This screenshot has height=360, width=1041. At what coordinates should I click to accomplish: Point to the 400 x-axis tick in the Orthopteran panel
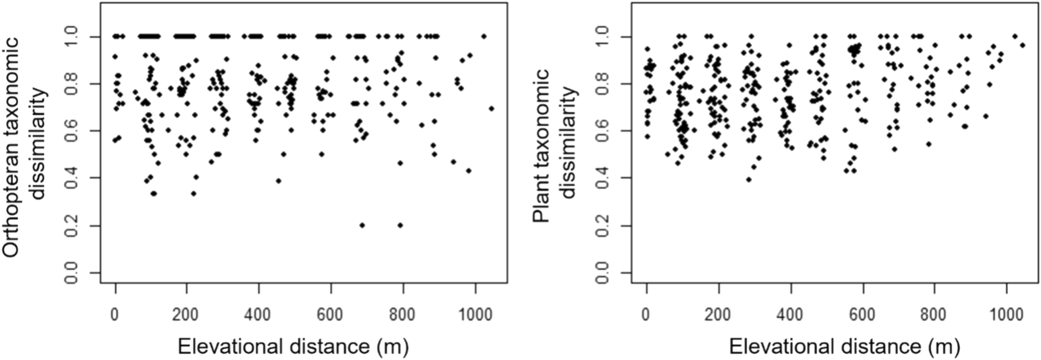(258, 315)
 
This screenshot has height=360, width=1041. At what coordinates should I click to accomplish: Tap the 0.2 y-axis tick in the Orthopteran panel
(71, 225)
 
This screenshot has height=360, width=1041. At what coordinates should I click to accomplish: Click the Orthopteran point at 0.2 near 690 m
(362, 225)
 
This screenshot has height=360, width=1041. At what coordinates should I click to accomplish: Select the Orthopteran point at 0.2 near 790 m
(401, 225)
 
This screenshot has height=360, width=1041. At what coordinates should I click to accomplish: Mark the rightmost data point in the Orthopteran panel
(492, 108)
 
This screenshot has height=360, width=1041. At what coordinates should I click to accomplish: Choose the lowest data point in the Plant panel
(748, 179)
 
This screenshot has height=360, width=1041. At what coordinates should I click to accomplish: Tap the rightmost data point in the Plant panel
(1023, 45)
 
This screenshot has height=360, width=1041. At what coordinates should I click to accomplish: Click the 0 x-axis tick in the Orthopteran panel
(115, 315)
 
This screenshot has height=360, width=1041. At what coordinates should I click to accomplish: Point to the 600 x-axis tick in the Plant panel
(862, 315)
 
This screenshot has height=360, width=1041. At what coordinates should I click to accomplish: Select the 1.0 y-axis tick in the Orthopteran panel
(71, 36)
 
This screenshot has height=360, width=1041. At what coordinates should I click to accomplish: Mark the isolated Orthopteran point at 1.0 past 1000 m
(484, 36)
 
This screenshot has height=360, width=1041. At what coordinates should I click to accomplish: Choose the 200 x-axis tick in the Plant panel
(718, 315)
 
